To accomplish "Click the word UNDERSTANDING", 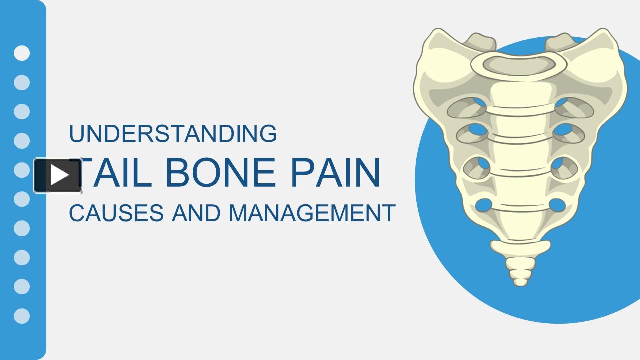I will pos(173,134).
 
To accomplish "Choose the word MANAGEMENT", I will pos(312,213).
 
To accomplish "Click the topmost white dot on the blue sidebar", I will pos(22,53).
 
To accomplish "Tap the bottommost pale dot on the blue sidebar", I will pos(22,316).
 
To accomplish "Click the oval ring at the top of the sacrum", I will pos(519,63).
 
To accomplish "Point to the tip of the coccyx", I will pos(520,282).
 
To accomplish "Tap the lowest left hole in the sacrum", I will pos(484,205).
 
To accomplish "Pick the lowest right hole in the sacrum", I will pos(557,205).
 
